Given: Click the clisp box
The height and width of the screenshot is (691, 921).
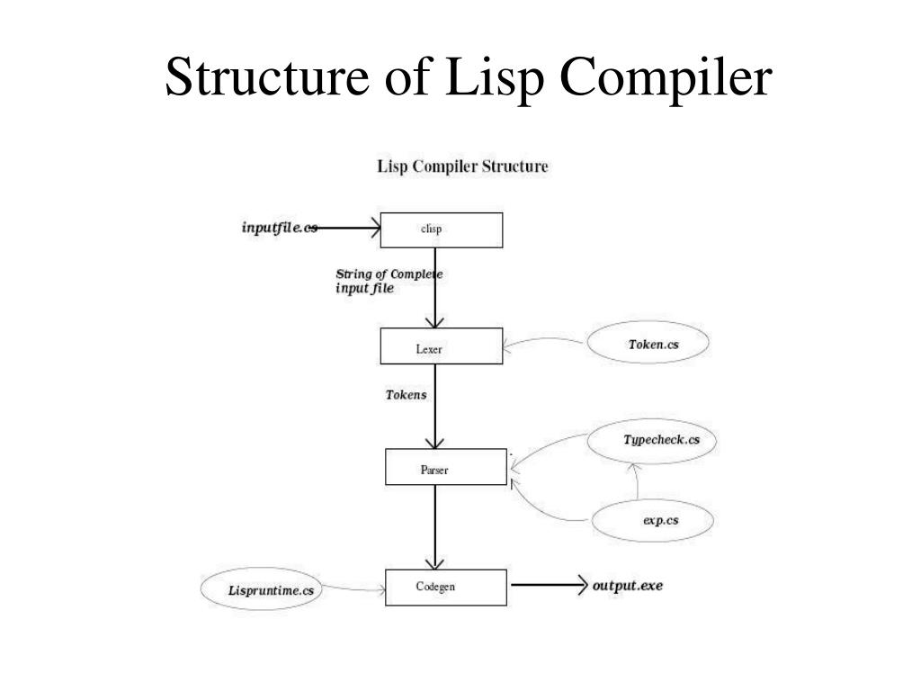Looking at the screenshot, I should click(441, 229).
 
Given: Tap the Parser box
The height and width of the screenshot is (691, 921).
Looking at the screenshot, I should click(446, 467).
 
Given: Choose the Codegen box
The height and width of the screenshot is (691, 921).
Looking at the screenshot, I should click(446, 588).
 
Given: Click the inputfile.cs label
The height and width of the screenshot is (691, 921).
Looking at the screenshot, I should click(279, 228).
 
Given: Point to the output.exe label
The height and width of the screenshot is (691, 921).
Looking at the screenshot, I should click(629, 586).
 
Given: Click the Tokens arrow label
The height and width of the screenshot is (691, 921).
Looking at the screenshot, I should click(406, 395).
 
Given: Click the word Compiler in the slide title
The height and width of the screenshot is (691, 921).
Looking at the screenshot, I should click(665, 78).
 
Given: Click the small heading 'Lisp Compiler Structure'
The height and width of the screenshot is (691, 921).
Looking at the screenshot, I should click(461, 166).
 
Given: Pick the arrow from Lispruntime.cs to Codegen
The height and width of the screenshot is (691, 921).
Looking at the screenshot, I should click(355, 590).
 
